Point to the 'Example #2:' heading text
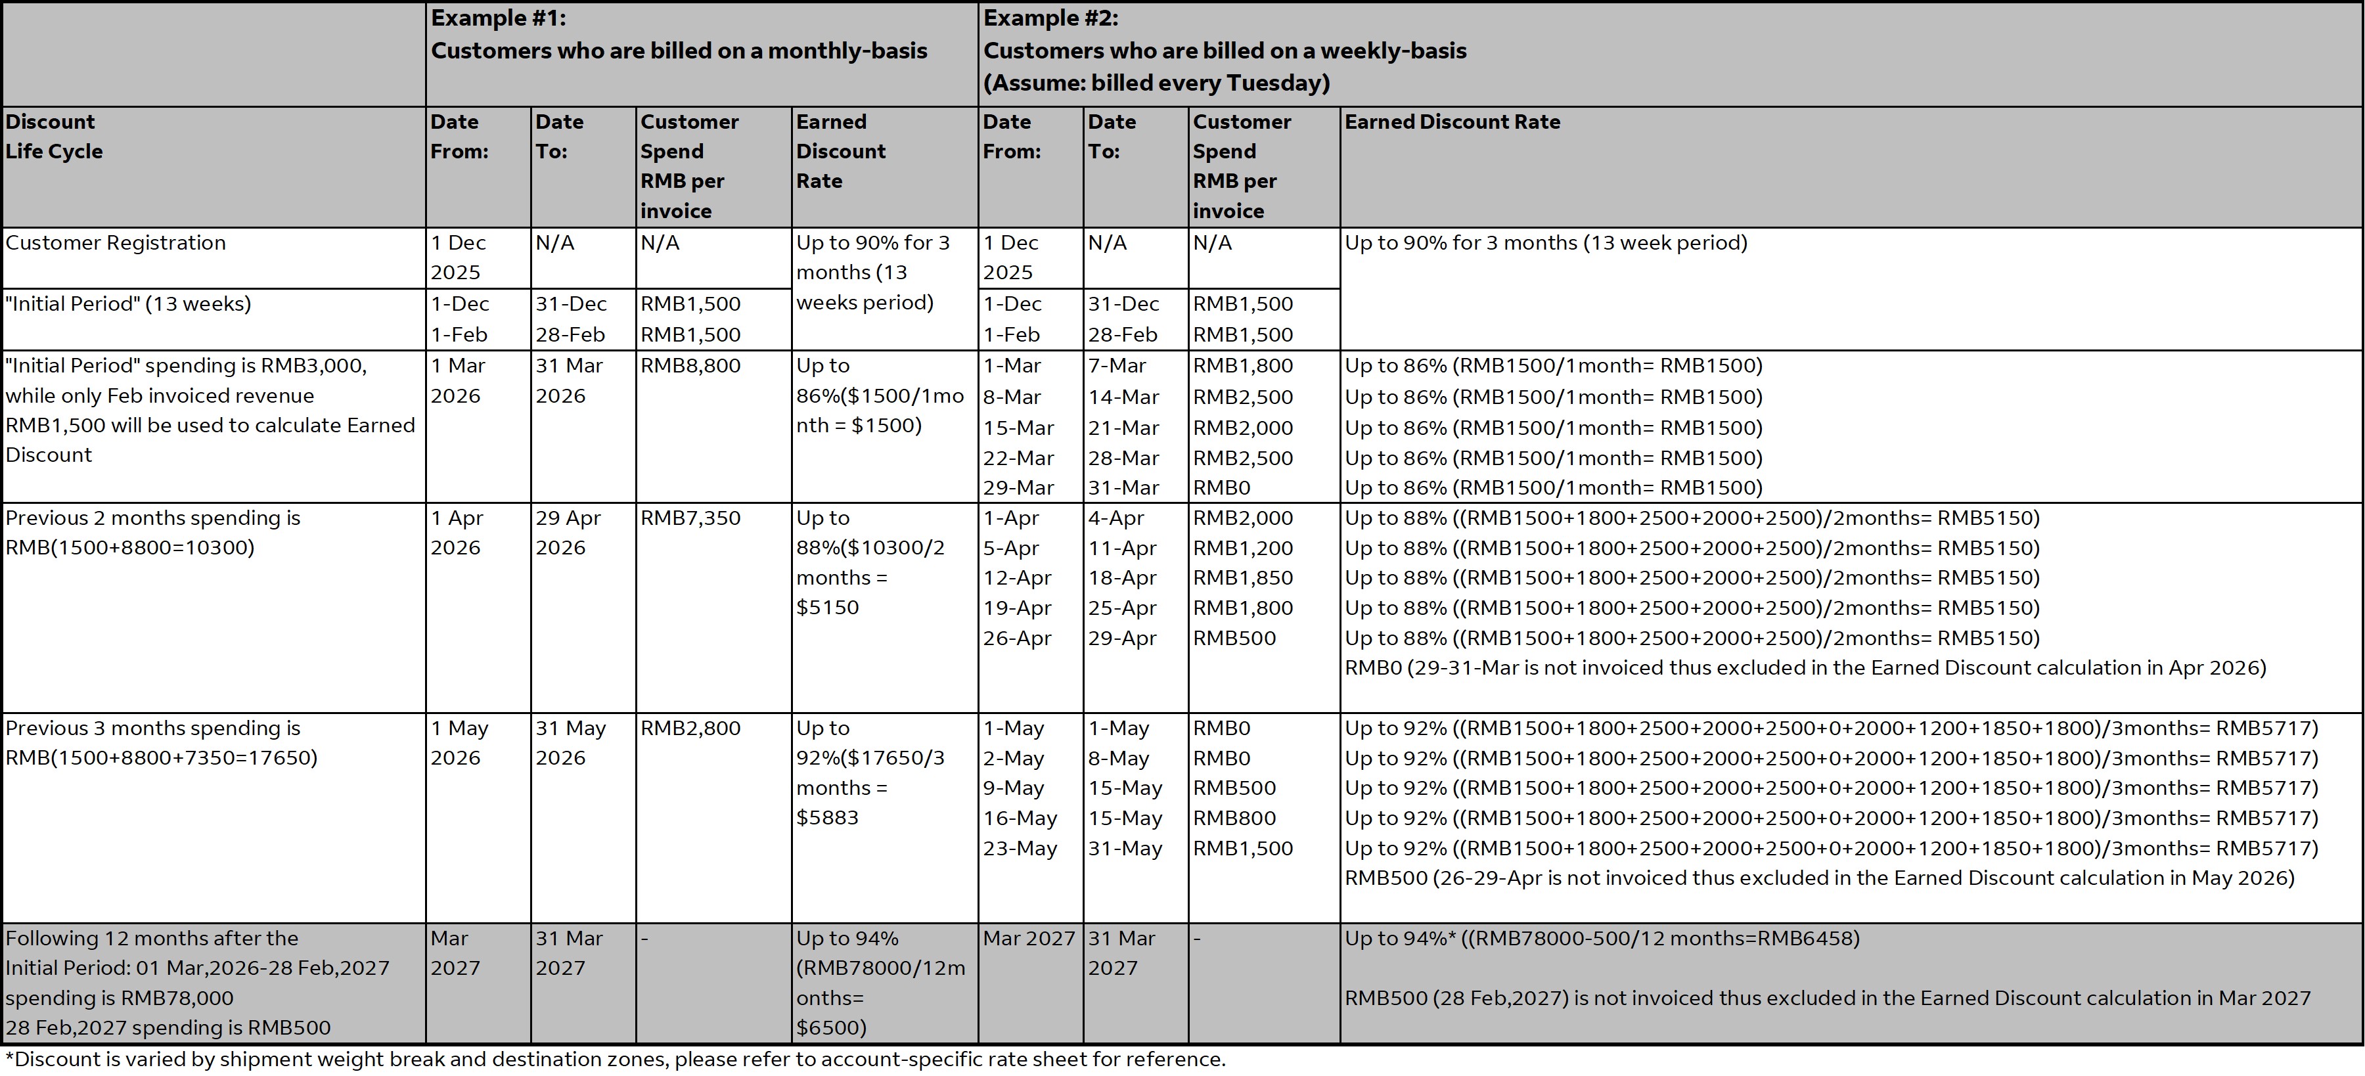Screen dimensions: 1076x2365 [1050, 18]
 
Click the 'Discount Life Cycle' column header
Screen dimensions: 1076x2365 [54, 137]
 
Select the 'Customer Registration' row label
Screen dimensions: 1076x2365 [116, 243]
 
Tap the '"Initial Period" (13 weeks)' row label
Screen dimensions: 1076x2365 [127, 304]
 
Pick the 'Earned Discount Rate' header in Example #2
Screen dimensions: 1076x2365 [1451, 122]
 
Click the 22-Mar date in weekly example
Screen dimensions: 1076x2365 [1018, 458]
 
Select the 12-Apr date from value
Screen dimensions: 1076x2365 [1017, 578]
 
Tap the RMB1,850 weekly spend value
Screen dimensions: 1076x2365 [1242, 578]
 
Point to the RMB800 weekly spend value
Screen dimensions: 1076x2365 [1234, 818]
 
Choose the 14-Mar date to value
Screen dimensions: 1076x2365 [1123, 397]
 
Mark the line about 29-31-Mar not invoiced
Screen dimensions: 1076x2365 [1805, 668]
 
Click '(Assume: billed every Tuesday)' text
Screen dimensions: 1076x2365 [1156, 83]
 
